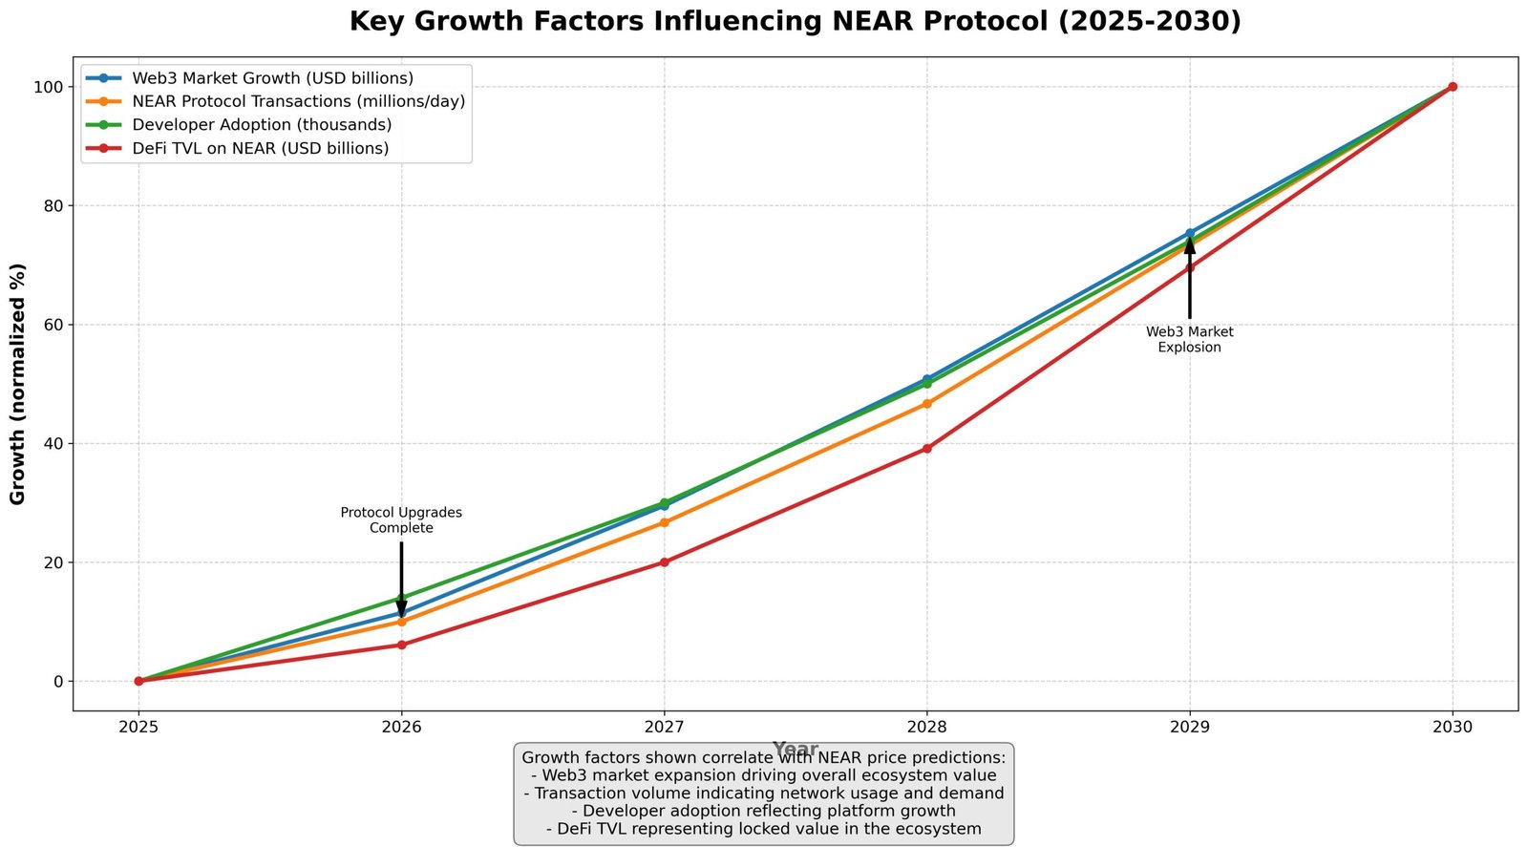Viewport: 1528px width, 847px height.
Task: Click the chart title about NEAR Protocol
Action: coord(795,21)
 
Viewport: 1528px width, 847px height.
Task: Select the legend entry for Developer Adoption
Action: coord(262,125)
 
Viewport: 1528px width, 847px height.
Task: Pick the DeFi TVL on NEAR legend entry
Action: coord(260,148)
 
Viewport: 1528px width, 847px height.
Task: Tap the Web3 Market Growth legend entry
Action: coord(272,78)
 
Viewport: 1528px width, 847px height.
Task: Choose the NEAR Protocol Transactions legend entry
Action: coord(298,101)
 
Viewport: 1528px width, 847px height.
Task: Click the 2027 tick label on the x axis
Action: coord(664,728)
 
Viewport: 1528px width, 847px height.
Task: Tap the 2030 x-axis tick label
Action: coord(1452,728)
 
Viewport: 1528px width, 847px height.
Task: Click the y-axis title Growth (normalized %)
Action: coord(18,384)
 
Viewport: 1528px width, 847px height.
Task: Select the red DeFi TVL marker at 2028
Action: coord(926,449)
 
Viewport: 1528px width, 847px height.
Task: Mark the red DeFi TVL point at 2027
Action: coord(664,562)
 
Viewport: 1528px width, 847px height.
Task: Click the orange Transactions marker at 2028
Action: coord(926,404)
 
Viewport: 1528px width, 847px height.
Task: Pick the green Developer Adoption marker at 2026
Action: coord(401,599)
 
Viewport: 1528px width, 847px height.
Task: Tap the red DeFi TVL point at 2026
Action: coord(401,646)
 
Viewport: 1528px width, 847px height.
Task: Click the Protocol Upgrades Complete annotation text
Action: coord(401,520)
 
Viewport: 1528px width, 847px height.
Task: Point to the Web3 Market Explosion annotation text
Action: coord(1189,340)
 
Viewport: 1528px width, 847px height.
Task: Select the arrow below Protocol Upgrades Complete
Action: coord(401,578)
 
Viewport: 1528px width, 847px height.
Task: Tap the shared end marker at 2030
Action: coord(1452,87)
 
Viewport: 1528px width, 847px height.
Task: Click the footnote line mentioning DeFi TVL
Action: coord(763,829)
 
